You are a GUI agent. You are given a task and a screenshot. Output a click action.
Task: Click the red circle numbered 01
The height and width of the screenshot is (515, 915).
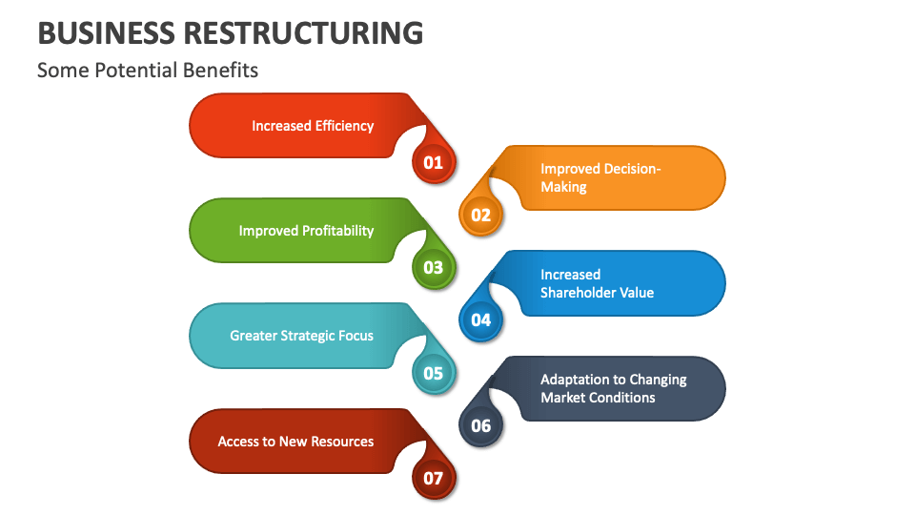tap(434, 162)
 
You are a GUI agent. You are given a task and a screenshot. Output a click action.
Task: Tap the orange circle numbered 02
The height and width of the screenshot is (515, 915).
tap(480, 215)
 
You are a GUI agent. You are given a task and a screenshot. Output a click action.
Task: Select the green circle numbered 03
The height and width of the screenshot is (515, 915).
tap(434, 267)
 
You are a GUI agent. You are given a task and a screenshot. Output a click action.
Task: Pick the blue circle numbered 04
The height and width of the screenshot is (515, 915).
tap(480, 319)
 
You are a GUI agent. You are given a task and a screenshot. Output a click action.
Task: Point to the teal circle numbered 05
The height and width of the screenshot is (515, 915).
tap(434, 373)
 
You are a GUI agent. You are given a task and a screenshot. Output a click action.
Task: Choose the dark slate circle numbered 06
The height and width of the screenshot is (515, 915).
tap(480, 425)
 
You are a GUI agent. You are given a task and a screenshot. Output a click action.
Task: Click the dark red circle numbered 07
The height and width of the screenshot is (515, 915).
tap(434, 478)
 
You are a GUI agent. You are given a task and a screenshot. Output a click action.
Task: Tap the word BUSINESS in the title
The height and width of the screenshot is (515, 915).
tap(106, 32)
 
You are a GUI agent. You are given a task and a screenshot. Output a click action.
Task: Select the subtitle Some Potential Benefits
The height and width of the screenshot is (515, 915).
tap(148, 71)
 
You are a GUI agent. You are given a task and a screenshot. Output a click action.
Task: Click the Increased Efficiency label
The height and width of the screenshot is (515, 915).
tap(313, 126)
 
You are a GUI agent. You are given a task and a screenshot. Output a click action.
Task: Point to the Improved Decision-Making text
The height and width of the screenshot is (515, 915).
tap(600, 177)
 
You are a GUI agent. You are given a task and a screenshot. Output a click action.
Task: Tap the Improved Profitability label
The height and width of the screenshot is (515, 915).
tap(306, 231)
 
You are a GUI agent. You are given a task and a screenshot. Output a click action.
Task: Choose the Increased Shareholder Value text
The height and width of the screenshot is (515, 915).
tap(597, 283)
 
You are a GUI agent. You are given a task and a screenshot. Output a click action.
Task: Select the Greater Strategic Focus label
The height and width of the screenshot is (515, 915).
tap(301, 336)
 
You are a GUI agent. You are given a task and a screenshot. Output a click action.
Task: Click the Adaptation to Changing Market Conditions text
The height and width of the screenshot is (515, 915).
tap(613, 388)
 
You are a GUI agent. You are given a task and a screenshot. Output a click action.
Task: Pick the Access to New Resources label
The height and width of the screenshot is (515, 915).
tap(295, 442)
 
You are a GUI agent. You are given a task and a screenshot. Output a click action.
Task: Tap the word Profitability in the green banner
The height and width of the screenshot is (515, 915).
tap(337, 231)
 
